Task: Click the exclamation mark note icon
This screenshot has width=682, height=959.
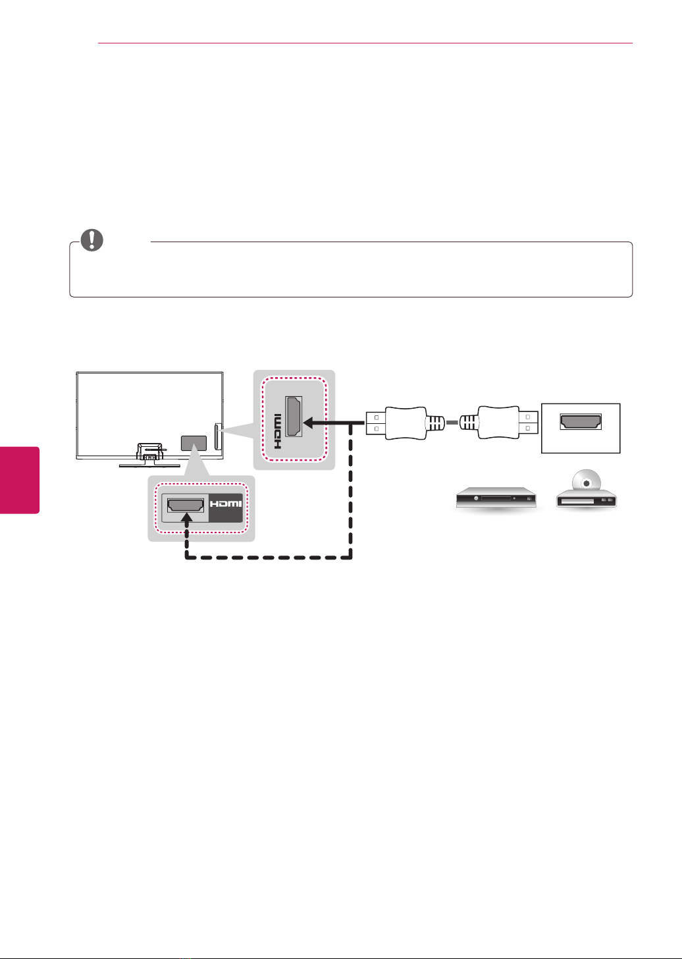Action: tap(92, 240)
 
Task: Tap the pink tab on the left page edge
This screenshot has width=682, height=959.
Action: tap(20, 480)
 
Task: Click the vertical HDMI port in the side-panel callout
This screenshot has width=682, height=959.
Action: tap(294, 417)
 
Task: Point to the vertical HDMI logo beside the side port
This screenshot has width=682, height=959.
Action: tap(277, 431)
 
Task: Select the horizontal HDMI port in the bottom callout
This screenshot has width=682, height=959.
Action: tap(186, 505)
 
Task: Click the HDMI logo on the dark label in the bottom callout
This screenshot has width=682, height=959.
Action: tap(226, 504)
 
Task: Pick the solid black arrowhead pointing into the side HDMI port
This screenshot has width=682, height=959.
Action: tap(311, 423)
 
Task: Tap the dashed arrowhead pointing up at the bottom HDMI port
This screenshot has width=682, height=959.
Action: tap(186, 519)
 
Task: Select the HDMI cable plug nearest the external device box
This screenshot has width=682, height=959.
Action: tap(499, 423)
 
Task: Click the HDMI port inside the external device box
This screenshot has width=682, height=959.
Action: tap(581, 422)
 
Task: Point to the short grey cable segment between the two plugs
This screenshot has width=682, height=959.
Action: tap(452, 423)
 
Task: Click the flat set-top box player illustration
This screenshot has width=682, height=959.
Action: tap(496, 498)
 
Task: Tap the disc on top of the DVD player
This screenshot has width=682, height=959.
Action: tap(587, 483)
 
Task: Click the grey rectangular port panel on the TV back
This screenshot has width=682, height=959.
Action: tap(194, 443)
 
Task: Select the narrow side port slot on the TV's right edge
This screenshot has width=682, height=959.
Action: tap(217, 436)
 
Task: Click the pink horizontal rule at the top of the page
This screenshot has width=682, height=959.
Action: tap(365, 43)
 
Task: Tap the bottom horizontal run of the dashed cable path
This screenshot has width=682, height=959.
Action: tap(269, 558)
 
